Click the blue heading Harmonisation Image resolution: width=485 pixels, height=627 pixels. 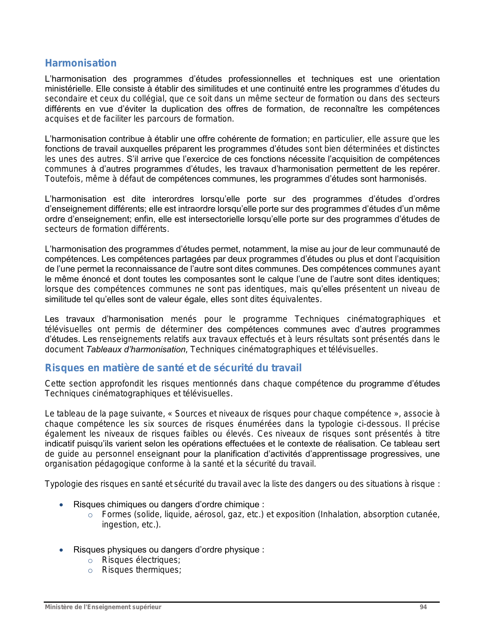tap(81, 63)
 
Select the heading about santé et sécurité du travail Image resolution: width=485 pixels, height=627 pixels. tap(173, 368)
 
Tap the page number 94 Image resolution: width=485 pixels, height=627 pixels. tap(423, 607)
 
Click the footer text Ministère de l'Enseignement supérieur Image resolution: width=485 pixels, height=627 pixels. tap(103, 607)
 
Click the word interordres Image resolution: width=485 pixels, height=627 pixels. tap(173, 199)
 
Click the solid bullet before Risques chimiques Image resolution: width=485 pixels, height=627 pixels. tap(61, 505)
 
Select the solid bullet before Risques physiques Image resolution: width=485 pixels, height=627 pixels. tap(61, 550)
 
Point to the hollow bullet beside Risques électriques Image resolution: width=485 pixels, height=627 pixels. tap(90, 560)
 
